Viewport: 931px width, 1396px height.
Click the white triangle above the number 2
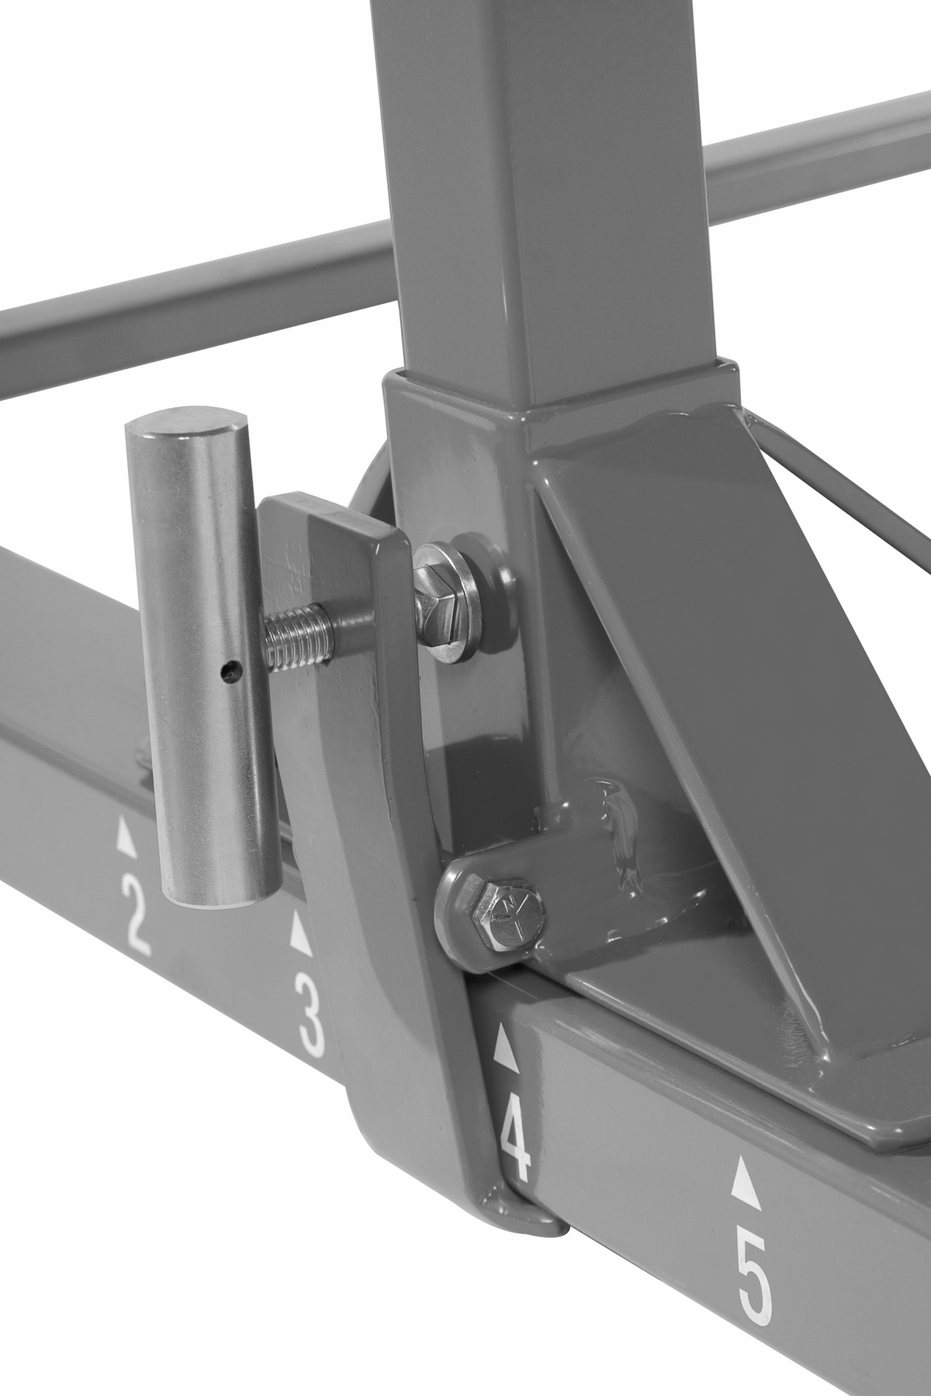[x=125, y=841]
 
